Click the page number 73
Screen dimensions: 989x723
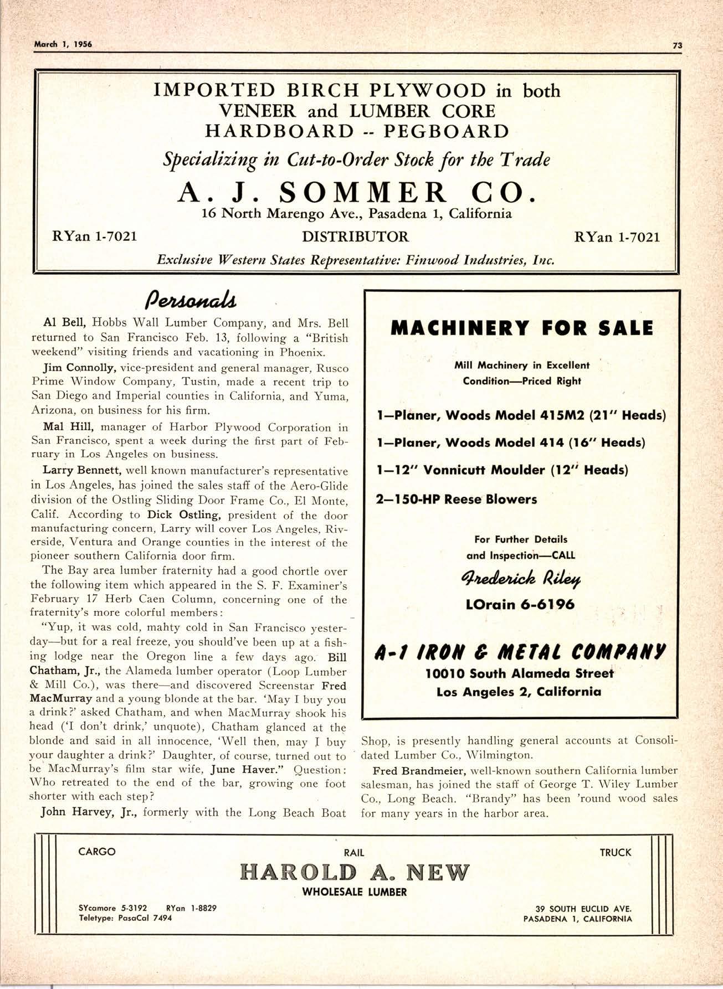pos(676,47)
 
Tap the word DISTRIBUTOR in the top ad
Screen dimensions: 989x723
pos(355,237)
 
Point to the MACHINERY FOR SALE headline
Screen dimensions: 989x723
pos(522,328)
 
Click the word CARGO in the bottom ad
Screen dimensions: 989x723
pos(97,852)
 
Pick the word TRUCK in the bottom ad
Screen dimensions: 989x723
pos(616,853)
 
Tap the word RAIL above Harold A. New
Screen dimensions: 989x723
pos(354,853)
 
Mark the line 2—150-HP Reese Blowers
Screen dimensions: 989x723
pos(457,499)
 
